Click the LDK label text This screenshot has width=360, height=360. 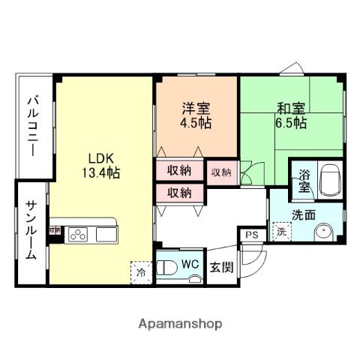click(x=100, y=158)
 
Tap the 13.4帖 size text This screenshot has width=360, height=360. click(x=100, y=173)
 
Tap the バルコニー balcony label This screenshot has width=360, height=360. click(x=34, y=124)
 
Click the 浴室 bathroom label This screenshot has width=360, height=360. click(x=304, y=179)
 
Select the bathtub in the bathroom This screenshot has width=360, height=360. click(x=329, y=178)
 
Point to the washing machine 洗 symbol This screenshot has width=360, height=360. click(x=281, y=232)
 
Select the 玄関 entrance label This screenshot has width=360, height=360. click(x=220, y=266)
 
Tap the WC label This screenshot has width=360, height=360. click(x=189, y=263)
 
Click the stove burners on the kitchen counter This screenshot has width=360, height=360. click(x=78, y=235)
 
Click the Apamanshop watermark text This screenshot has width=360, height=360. click(x=180, y=324)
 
